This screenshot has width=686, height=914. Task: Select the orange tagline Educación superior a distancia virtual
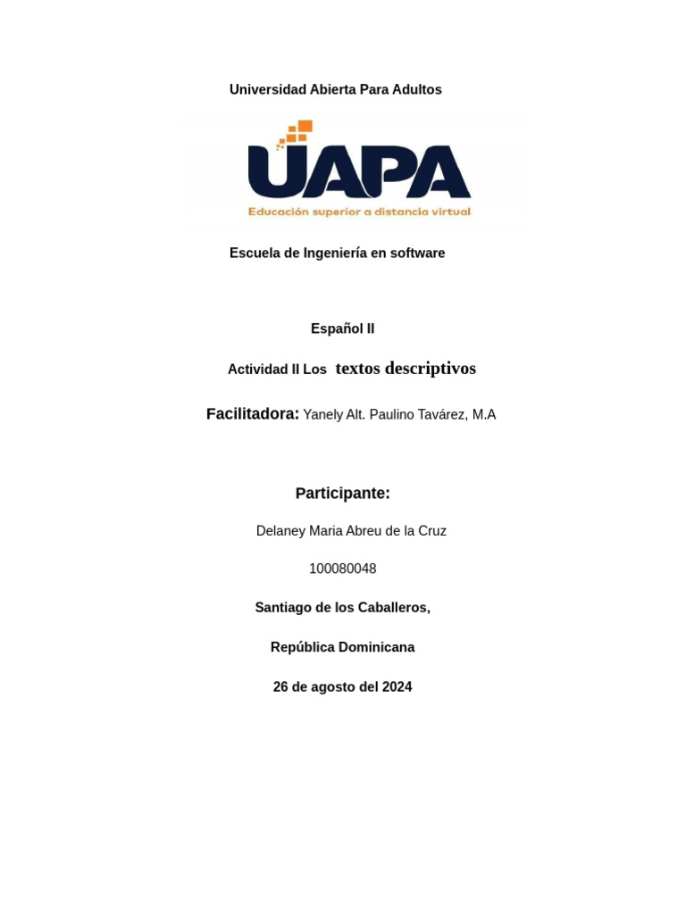pos(359,212)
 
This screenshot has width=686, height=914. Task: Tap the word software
pos(417,253)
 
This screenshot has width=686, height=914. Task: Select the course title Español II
pos(342,328)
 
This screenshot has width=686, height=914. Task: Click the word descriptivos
pos(431,369)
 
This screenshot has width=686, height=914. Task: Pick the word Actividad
pos(258,370)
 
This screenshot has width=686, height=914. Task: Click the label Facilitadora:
pos(252,414)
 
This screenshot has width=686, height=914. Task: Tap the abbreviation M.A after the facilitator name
pos(484,415)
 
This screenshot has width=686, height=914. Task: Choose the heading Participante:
pos(342,494)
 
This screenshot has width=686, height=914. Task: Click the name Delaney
pos(280,531)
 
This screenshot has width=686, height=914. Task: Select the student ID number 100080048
pos(342,569)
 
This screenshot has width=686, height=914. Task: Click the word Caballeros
pos(394,608)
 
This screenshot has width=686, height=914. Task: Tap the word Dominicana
pos(373,647)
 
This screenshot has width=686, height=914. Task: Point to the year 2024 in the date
pos(396,687)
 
